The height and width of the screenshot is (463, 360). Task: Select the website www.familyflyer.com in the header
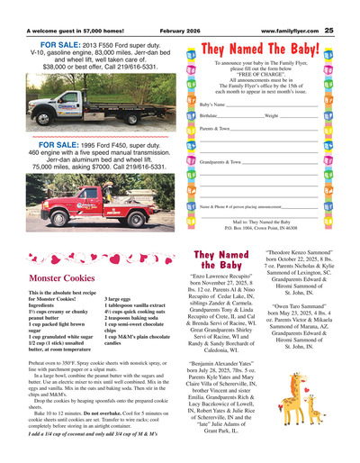tap(290, 6)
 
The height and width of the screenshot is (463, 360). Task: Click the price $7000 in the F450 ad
tap(113, 167)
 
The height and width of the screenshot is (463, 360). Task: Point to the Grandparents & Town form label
tap(221, 161)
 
